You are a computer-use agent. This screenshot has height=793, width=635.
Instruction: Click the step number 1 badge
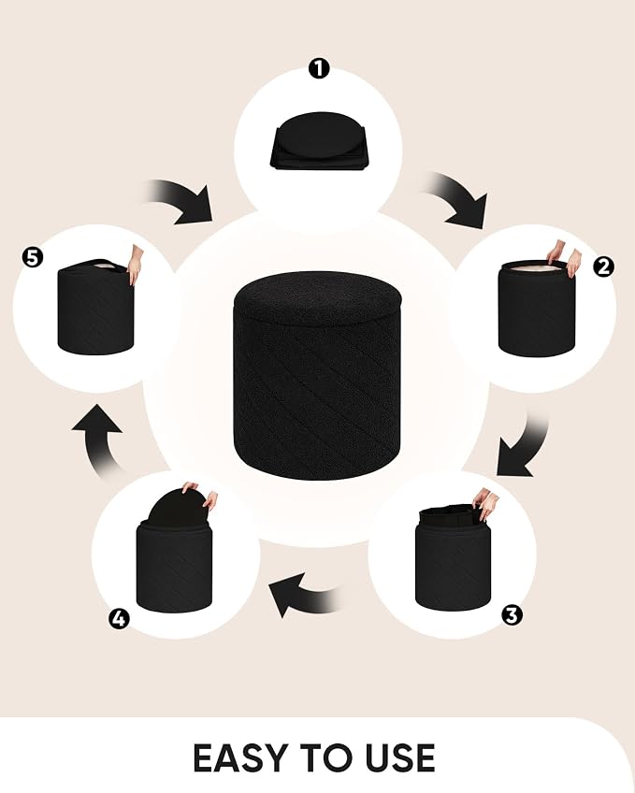pos(319,69)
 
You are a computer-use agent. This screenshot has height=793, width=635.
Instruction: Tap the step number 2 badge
pos(603,267)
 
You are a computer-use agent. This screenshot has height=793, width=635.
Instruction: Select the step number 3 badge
pos(512,615)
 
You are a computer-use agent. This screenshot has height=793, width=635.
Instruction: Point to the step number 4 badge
pos(119,618)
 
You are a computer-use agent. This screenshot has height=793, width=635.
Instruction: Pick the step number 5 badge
pos(33,258)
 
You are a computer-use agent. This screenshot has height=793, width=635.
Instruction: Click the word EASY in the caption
pos(240,758)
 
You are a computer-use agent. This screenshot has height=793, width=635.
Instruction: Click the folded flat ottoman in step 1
pos(319,140)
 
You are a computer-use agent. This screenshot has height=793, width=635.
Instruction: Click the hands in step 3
pos(485,503)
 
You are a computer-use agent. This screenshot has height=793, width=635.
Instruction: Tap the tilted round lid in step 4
pos(178,509)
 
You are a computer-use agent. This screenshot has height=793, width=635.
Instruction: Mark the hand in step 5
pos(135,265)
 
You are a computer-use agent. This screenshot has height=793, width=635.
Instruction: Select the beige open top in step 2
pos(536,267)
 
